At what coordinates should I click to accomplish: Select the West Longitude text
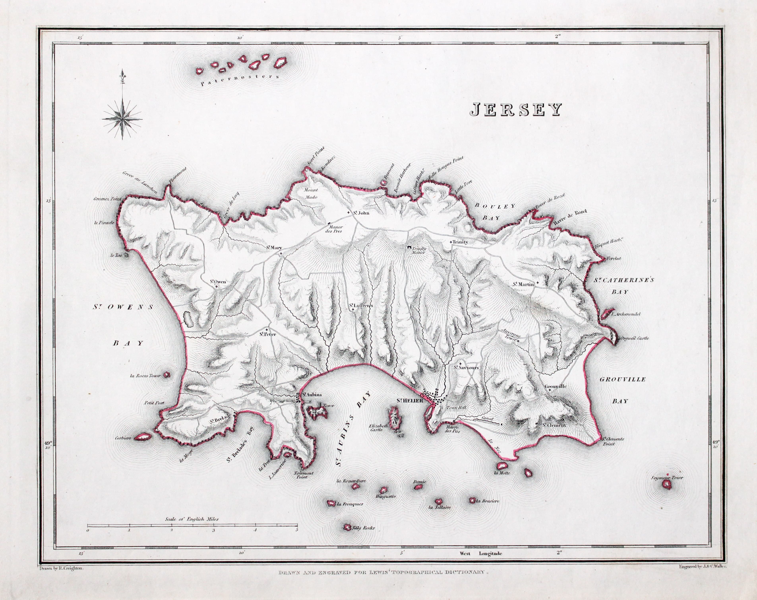pyautogui.click(x=480, y=554)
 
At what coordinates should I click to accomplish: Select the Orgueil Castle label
pyautogui.click(x=634, y=338)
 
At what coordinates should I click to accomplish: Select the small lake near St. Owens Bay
pyautogui.click(x=190, y=319)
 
